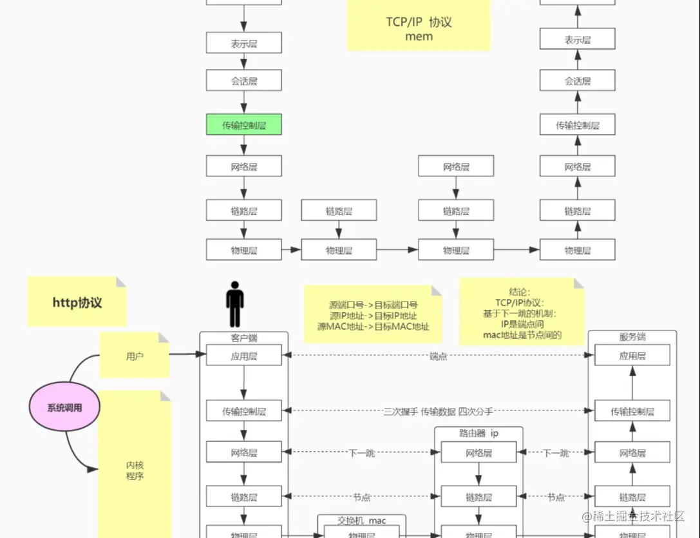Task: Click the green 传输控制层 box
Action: pyautogui.click(x=244, y=125)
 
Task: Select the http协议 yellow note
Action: pyautogui.click(x=77, y=302)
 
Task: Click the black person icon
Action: pyautogui.click(x=235, y=304)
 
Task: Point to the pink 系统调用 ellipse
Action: pyautogui.click(x=64, y=407)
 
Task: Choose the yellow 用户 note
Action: pyautogui.click(x=135, y=355)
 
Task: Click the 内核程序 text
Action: pyautogui.click(x=135, y=470)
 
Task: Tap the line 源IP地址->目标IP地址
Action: pyautogui.click(x=373, y=316)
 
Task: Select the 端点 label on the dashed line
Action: pyautogui.click(x=439, y=356)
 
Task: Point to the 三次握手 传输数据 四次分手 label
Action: pyautogui.click(x=438, y=411)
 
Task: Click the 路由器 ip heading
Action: pyautogui.click(x=478, y=434)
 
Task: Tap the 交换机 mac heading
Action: pyautogui.click(x=362, y=521)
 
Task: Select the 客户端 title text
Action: pyautogui.click(x=244, y=338)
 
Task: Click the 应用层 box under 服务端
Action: pyautogui.click(x=632, y=355)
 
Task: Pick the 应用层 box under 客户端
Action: pyautogui.click(x=244, y=355)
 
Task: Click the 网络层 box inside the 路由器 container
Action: pyautogui.click(x=478, y=453)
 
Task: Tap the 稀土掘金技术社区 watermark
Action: pyautogui.click(x=638, y=516)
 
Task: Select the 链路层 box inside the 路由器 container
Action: pyautogui.click(x=478, y=497)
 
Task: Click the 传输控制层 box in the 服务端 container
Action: pyautogui.click(x=632, y=411)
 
